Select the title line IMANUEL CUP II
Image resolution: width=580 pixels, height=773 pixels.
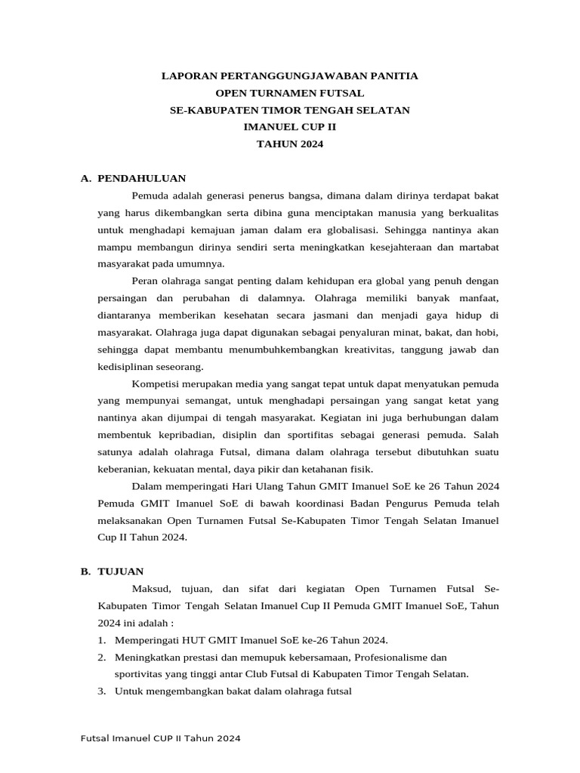289,127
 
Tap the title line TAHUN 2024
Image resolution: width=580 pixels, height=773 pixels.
289,144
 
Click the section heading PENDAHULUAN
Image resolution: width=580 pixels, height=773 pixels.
142,178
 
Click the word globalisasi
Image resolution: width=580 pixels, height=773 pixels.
350,229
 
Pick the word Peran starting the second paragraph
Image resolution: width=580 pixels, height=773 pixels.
147,281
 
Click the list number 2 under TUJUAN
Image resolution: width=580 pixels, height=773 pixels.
101,657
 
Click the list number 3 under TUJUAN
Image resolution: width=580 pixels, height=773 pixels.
101,691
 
